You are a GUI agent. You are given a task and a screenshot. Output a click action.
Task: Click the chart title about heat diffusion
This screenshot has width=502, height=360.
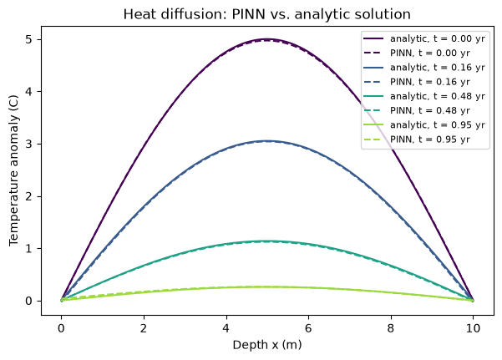tap(267, 14)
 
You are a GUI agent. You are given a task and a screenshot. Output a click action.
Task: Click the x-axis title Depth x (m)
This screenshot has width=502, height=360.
tap(267, 345)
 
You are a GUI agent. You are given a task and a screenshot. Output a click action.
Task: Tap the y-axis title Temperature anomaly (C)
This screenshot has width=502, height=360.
tap(13, 170)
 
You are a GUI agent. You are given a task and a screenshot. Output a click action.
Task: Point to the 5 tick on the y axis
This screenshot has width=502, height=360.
tap(28, 39)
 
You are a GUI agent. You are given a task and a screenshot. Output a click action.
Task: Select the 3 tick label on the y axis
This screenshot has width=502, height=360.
tap(28, 145)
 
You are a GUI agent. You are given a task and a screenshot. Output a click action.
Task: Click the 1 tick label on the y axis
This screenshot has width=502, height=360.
tap(28, 249)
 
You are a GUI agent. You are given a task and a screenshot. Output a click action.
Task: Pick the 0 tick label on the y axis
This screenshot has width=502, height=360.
tap(28, 301)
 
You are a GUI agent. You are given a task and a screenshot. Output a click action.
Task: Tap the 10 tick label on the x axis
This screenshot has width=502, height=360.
tap(474, 328)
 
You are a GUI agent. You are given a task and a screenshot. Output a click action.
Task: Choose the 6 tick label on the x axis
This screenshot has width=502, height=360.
tap(308, 328)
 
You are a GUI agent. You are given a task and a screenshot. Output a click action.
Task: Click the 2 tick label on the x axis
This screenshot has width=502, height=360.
tap(144, 328)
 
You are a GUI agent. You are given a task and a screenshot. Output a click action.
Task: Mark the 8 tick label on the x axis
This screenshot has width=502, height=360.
tap(391, 328)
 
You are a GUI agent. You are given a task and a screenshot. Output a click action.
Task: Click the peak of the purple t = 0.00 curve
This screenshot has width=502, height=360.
tap(267, 39)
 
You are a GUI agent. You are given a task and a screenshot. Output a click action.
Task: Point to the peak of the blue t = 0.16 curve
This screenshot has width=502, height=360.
tap(267, 141)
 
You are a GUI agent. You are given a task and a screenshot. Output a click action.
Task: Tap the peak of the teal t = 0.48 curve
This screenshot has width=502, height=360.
tap(267, 241)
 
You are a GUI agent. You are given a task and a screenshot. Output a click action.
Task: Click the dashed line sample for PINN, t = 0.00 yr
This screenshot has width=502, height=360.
tap(373, 53)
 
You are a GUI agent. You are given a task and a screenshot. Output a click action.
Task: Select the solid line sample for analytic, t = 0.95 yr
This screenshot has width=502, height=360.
tap(373, 124)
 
